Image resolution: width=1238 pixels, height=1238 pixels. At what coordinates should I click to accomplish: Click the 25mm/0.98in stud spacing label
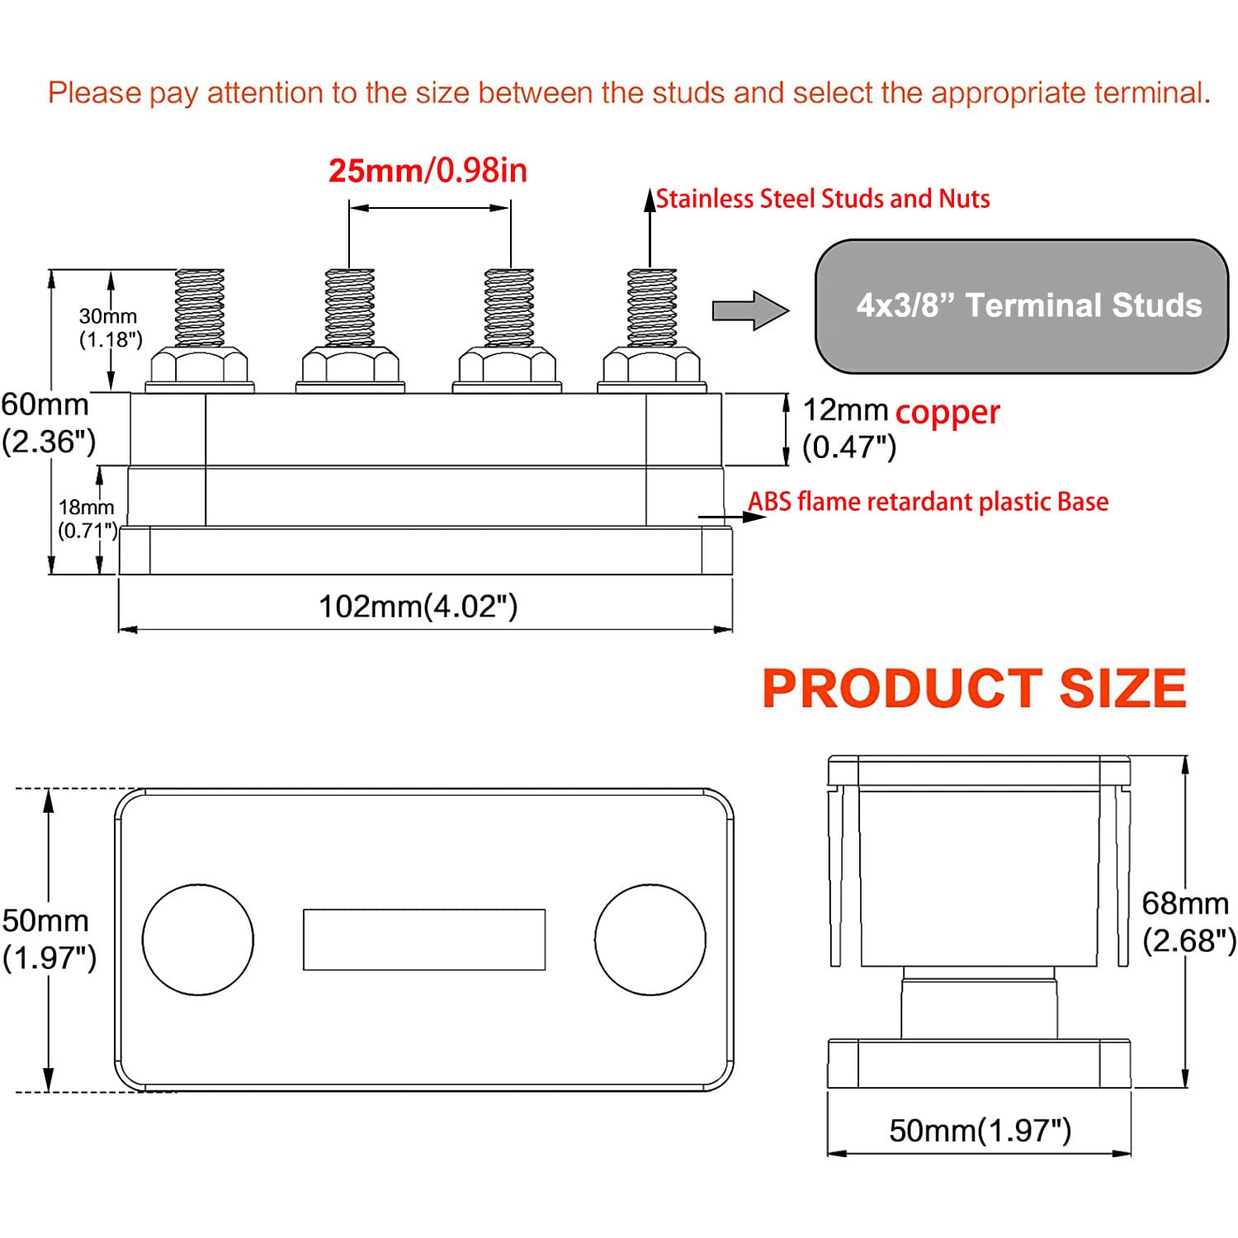coord(428,171)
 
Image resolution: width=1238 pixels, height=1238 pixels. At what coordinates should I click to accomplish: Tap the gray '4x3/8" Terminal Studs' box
coord(1022,306)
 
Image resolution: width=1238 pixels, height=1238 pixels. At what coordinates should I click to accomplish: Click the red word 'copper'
coord(947,412)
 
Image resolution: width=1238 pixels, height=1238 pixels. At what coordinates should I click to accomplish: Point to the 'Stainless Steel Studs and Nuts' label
coord(822,199)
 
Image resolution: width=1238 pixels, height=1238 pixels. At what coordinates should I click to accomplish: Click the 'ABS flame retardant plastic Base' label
coord(928,502)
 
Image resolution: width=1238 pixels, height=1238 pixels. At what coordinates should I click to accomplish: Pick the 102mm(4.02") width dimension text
coord(418,607)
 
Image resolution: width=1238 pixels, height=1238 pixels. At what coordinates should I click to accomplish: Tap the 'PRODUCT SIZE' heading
coord(974,689)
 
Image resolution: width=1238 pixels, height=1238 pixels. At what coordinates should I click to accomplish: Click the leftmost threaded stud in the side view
coord(200,307)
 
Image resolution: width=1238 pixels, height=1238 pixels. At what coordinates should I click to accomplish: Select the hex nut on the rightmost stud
coord(652,365)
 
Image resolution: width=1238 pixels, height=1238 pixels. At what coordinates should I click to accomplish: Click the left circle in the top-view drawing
coord(198,939)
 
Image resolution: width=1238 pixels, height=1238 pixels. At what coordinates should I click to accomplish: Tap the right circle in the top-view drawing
coord(650,939)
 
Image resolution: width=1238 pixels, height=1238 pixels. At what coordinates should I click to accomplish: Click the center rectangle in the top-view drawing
coord(424,939)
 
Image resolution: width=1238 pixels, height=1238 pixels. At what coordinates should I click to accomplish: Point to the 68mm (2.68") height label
coord(1187,922)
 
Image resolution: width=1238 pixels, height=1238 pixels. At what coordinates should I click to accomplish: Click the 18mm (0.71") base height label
coord(87,518)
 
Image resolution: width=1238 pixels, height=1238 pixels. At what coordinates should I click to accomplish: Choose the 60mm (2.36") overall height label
coord(48,423)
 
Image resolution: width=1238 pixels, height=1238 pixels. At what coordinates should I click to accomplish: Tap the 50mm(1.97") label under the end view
coord(980,1130)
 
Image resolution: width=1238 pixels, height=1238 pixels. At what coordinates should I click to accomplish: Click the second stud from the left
coord(350,307)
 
